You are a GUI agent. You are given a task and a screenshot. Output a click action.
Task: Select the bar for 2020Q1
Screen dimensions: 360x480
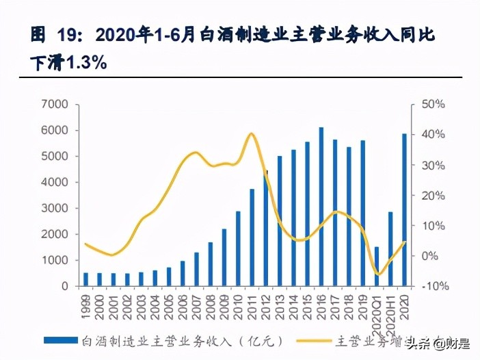tap(376, 266)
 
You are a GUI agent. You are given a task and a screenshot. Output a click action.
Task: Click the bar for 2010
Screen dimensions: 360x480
tap(238, 248)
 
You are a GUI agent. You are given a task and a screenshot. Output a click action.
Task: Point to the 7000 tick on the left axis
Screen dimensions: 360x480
tap(55, 105)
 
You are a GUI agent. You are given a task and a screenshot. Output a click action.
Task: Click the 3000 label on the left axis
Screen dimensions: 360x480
tap(55, 209)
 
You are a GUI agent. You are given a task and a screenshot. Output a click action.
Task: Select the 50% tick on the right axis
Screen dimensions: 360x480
tap(434, 105)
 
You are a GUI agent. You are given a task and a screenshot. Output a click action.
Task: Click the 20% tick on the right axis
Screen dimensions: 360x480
tap(434, 196)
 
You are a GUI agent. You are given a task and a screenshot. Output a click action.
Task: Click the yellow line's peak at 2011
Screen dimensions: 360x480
tap(251, 133)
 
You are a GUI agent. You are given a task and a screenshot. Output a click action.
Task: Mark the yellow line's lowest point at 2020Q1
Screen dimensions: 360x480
tap(377, 274)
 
